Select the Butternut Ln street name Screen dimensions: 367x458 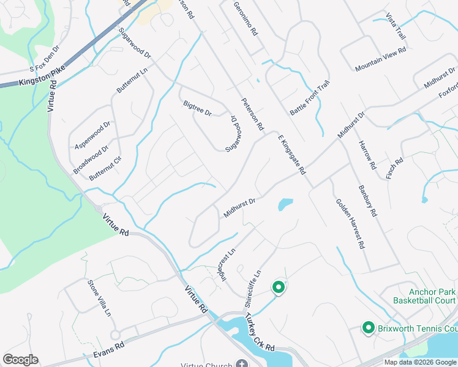[132, 81]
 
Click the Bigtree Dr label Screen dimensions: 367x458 [197, 108]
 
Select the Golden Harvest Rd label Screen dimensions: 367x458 [350, 223]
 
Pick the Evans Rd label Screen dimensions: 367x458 [111, 346]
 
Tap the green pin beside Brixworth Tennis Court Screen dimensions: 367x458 [369, 328]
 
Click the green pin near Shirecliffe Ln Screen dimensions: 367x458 [278, 287]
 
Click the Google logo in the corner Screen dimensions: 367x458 [20, 360]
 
